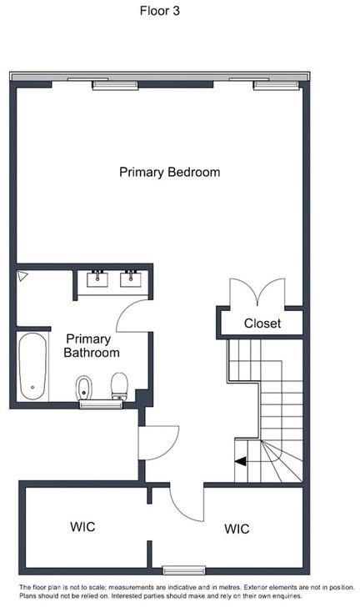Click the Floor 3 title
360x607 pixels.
click(x=159, y=11)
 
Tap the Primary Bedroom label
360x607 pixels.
click(x=169, y=173)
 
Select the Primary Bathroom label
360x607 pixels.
click(x=92, y=346)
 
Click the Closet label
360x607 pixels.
click(x=262, y=324)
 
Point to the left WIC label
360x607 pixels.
click(x=82, y=526)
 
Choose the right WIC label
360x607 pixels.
click(x=237, y=529)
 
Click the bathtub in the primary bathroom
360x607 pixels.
click(x=32, y=366)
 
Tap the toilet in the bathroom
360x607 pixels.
click(x=119, y=386)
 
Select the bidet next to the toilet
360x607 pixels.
click(x=83, y=388)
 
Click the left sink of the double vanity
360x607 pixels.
click(x=97, y=278)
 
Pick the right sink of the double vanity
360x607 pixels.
click(x=131, y=278)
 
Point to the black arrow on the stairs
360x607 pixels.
click(x=240, y=461)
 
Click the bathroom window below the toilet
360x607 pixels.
click(x=101, y=404)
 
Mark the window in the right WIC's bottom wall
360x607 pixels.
click(x=184, y=569)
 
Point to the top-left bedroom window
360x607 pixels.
click(x=115, y=85)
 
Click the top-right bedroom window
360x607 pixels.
click(x=277, y=85)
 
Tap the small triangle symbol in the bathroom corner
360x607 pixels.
click(x=22, y=276)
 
